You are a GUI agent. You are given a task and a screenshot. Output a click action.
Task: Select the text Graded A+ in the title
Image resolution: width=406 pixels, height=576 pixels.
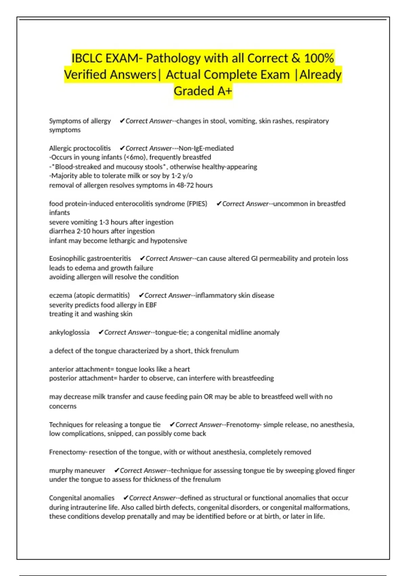tap(203, 91)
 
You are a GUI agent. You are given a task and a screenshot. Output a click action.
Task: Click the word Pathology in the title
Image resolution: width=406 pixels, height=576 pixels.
tap(173, 58)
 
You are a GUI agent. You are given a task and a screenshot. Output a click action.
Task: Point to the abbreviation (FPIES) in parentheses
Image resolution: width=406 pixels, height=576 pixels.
tap(197, 204)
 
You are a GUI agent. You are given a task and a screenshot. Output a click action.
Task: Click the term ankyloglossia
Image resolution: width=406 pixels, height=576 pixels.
tap(69, 332)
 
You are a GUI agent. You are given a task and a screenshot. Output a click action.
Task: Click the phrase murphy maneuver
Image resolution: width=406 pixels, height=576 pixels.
tap(77, 470)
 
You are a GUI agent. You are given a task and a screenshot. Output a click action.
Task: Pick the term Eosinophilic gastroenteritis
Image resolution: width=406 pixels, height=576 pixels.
tap(90, 259)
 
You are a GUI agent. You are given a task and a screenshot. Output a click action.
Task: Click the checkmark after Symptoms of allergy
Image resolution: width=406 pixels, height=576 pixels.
tap(122, 121)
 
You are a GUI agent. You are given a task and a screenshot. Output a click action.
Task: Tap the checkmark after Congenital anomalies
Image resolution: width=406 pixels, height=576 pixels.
tap(126, 498)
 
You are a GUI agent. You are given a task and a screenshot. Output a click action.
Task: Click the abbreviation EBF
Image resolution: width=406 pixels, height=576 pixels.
tap(151, 305)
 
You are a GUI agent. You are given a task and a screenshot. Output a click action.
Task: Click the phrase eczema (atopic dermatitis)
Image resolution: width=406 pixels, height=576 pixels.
tap(89, 295)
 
